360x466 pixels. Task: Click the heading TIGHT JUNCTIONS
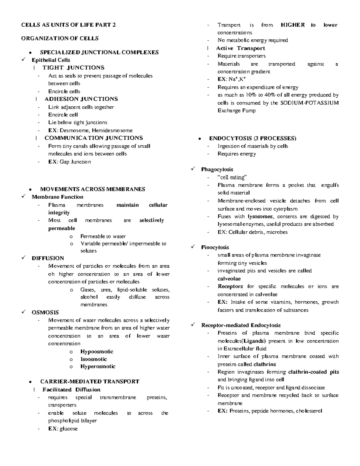[x=73, y=68]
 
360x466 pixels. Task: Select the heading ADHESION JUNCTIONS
[x=81, y=99]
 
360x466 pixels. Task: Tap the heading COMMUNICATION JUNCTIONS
[x=94, y=138]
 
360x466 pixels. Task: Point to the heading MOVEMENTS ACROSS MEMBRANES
[x=92, y=189]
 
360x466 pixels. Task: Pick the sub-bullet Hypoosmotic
[x=97, y=352]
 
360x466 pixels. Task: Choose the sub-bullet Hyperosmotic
[x=98, y=366]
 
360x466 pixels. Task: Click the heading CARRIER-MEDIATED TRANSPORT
[x=90, y=382]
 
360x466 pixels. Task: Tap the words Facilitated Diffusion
[x=71, y=390]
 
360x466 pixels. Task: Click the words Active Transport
[x=240, y=48]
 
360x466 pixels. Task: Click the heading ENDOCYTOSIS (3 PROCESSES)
[x=253, y=138]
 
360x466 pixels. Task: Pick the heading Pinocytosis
[x=215, y=248]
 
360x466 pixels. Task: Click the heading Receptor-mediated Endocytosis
[x=241, y=325]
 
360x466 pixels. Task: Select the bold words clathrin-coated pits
[x=313, y=372]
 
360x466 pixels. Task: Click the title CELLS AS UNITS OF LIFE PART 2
[x=68, y=25]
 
